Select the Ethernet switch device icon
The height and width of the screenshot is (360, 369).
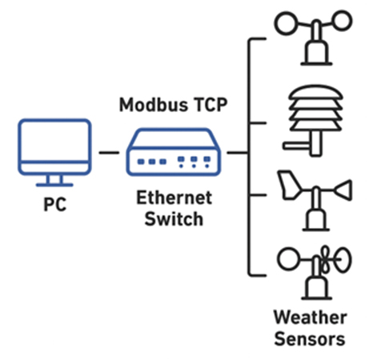172,152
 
